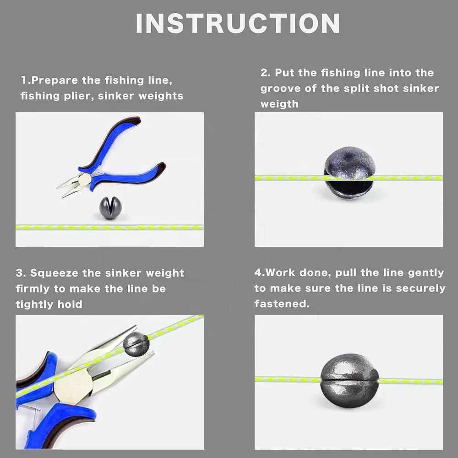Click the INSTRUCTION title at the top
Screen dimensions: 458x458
[238, 23]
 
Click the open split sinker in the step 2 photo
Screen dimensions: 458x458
[349, 171]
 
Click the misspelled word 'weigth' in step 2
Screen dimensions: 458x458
[279, 104]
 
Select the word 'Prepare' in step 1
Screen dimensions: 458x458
[55, 80]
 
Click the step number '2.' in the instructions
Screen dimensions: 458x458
[265, 73]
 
